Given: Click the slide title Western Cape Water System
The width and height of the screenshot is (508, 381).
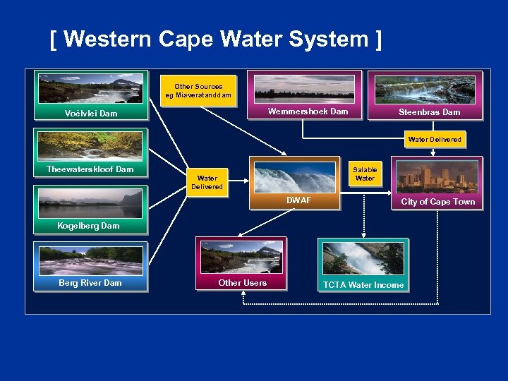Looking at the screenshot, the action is click(x=216, y=40).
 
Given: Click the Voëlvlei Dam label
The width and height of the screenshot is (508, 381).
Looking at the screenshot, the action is click(x=90, y=113).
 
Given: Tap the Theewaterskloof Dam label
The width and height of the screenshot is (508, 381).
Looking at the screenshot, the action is click(x=90, y=169).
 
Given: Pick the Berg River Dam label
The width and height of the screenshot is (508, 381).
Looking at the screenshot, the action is click(x=90, y=283).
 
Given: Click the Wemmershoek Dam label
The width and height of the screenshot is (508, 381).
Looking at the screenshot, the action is click(x=308, y=111).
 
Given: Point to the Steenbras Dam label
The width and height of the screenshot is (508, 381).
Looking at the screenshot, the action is click(x=429, y=112).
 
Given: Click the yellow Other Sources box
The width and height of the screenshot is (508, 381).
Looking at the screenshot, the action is click(x=198, y=91).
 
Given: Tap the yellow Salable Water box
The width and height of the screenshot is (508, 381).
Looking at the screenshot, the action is click(x=365, y=174).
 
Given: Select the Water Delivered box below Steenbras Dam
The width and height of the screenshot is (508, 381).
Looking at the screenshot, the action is click(x=435, y=140).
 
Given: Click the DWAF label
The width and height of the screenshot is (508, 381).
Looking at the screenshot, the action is click(x=298, y=201).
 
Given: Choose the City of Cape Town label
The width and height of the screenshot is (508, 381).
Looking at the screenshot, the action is click(x=438, y=202).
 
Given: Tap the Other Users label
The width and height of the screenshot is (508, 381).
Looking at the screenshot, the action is click(x=243, y=283).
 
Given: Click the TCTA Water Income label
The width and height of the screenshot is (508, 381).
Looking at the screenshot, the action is click(x=363, y=285).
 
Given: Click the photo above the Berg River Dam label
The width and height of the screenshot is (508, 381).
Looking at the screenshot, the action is click(x=90, y=260).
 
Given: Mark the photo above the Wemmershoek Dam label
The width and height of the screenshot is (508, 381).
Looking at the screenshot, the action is click(x=304, y=87).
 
